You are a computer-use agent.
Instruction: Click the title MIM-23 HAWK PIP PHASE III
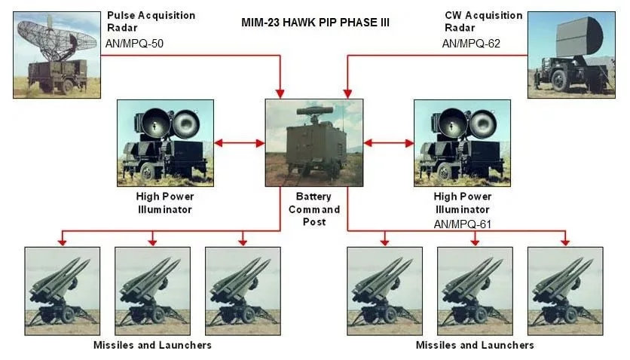(x=316, y=23)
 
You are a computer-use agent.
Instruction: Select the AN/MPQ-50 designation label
(x=134, y=44)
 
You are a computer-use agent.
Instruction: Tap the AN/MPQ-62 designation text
(x=471, y=44)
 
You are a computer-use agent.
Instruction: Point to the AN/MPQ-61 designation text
(x=463, y=224)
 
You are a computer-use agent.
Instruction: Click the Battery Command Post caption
(x=314, y=209)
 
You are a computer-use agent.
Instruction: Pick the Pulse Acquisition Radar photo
(x=57, y=54)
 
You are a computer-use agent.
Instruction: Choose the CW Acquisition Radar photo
(x=571, y=54)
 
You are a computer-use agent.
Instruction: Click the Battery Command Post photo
(x=314, y=143)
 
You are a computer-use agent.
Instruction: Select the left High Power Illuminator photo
(x=165, y=143)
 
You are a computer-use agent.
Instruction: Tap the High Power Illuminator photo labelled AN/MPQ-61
(x=462, y=143)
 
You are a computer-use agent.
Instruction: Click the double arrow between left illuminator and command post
(x=240, y=143)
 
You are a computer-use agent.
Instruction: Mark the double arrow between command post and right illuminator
(x=389, y=143)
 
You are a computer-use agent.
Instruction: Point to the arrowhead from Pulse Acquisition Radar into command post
(x=280, y=94)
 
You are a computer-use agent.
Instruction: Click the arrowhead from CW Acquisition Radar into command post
(x=347, y=94)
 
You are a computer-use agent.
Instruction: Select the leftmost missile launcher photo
(x=63, y=291)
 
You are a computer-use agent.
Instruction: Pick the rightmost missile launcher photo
(x=565, y=291)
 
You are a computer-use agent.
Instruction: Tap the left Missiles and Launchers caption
(x=152, y=345)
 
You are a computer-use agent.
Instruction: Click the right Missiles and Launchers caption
(x=475, y=345)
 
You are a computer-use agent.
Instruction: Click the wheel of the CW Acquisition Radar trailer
(x=559, y=81)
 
